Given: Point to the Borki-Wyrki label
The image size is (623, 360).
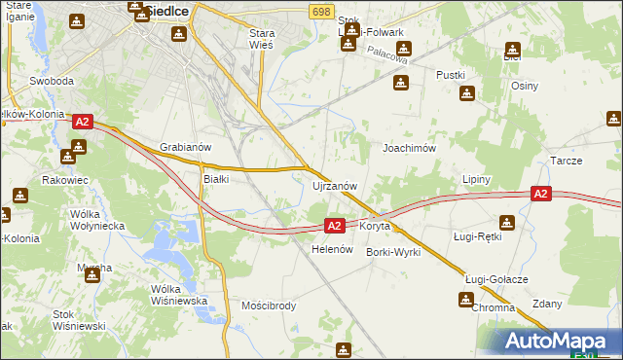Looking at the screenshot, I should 392,251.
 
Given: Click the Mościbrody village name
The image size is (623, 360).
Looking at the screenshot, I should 268,306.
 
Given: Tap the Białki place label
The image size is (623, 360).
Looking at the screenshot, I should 215,179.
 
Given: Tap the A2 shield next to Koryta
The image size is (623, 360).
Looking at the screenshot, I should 334,226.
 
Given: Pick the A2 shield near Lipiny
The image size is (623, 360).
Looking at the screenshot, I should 542,195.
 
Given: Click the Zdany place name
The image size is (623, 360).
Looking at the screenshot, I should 547,304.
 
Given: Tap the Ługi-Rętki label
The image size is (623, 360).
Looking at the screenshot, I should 477,236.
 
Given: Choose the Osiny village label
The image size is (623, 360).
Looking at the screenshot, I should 525,85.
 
